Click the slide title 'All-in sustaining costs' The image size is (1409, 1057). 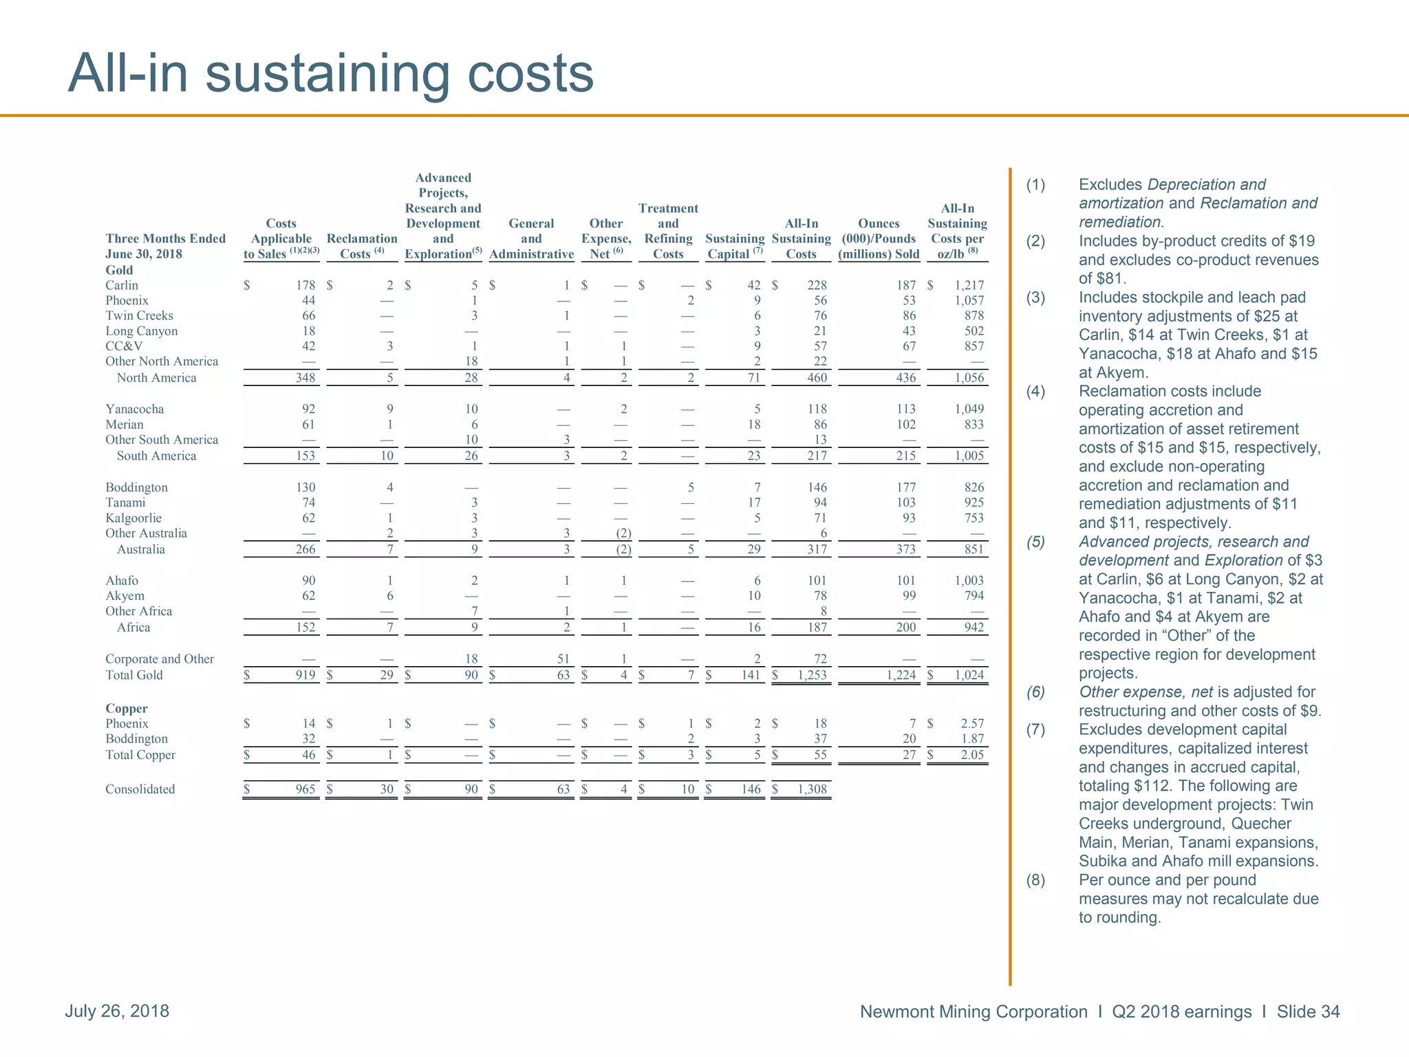click(330, 74)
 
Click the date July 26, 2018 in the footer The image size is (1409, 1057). click(117, 1011)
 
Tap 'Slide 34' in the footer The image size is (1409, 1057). click(1308, 1012)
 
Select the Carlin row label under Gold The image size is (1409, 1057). click(122, 285)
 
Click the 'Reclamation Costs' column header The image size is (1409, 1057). click(362, 246)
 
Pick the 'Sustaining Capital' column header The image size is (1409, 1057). click(734, 246)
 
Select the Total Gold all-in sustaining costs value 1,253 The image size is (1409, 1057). click(812, 675)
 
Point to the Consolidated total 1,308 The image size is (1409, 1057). click(812, 789)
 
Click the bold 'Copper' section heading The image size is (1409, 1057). click(127, 708)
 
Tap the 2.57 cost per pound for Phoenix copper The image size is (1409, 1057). click(972, 723)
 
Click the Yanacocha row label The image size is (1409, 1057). click(135, 409)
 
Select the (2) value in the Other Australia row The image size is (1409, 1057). click(623, 533)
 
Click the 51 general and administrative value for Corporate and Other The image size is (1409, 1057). click(563, 659)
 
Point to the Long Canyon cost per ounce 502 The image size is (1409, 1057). click(974, 331)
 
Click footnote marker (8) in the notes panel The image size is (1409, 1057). click(1035, 880)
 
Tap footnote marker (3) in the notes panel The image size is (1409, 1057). click(1035, 298)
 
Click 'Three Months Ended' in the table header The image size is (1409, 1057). click(165, 238)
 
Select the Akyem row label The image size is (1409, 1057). click(125, 596)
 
